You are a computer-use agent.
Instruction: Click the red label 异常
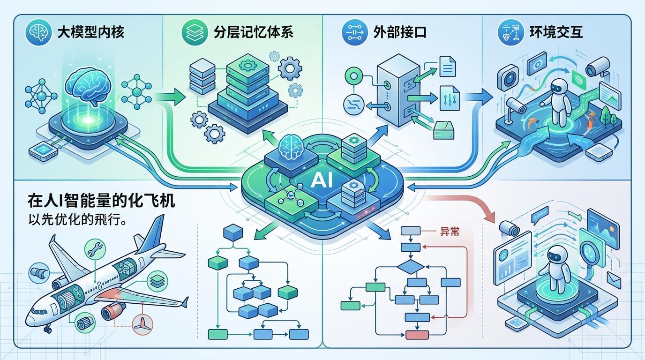tap(449, 231)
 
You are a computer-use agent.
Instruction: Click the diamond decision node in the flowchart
tap(411, 267)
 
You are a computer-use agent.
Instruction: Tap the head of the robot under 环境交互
tap(559, 87)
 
